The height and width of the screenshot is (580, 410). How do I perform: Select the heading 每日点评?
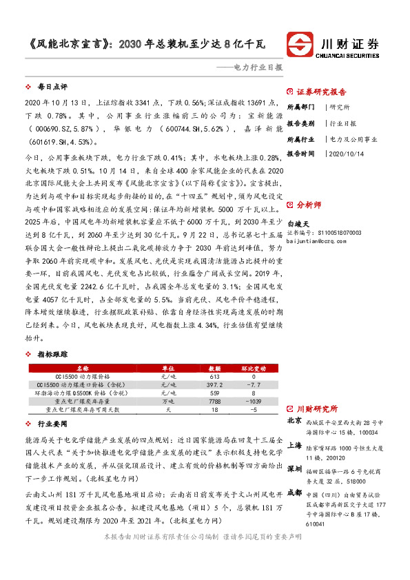point(52,87)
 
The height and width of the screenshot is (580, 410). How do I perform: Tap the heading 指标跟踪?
point(52,354)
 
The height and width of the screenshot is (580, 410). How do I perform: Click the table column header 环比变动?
point(254,369)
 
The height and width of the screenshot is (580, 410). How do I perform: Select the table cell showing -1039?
point(254,401)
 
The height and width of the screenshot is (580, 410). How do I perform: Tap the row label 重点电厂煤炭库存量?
point(92,401)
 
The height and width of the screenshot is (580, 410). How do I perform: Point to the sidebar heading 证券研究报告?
point(321,92)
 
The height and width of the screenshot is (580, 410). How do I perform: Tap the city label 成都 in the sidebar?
point(294,512)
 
